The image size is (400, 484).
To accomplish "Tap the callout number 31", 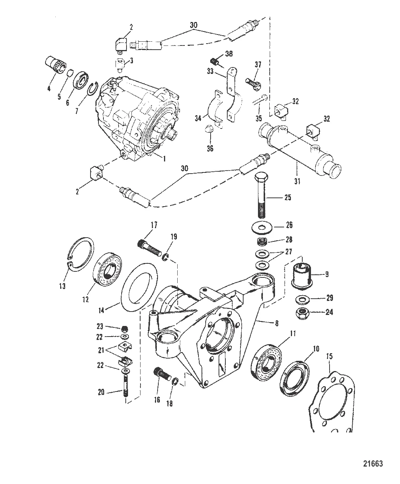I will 297,181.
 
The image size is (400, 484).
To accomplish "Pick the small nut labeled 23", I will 125,329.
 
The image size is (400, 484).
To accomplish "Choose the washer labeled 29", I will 303,299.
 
